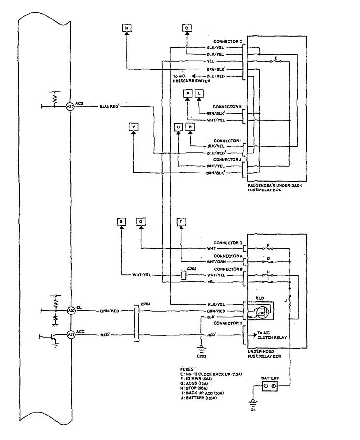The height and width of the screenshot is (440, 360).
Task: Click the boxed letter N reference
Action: click(126, 29)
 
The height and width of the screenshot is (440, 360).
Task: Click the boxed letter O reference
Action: click(187, 29)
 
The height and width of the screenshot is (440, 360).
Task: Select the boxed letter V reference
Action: click(133, 126)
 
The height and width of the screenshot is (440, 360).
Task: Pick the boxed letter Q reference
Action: click(141, 222)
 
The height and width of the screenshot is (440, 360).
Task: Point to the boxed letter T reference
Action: click(181, 222)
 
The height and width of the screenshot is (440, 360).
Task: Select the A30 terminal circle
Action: click(71, 311)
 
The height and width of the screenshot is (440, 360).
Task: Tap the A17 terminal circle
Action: click(71, 336)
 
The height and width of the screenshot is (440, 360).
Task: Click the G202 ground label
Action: click(201, 355)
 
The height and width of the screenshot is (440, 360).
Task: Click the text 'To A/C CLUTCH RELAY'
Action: click(273, 336)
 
